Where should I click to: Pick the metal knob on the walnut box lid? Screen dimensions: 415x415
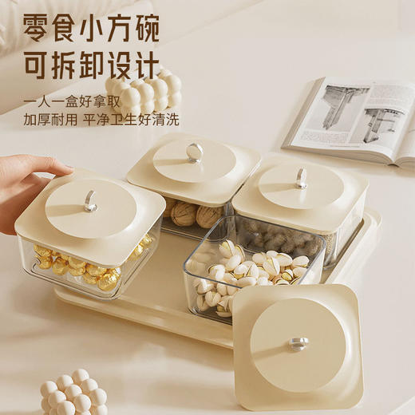click(x=193, y=152)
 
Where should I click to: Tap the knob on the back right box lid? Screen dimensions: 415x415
click(x=300, y=179)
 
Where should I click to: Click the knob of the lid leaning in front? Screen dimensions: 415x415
click(x=298, y=343)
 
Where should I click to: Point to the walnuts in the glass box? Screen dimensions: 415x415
click(x=192, y=213)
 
